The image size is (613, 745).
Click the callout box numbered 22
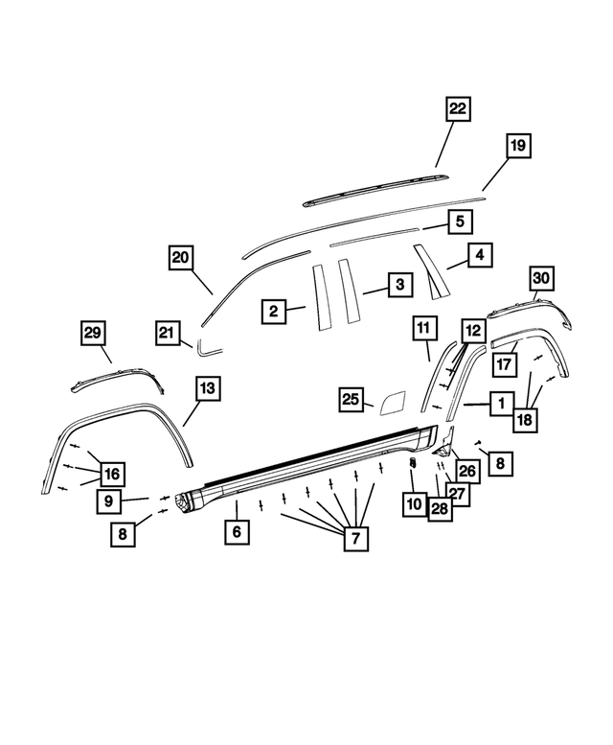pyautogui.click(x=458, y=110)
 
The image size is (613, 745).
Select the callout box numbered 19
pyautogui.click(x=517, y=146)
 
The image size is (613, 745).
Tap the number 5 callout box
pyautogui.click(x=459, y=221)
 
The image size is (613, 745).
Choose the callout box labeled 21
pyautogui.click(x=170, y=332)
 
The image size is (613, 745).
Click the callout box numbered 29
pyautogui.click(x=92, y=333)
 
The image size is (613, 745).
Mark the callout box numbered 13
pyautogui.click(x=207, y=388)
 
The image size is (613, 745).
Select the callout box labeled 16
pyautogui.click(x=112, y=474)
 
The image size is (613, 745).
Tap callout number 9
pyautogui.click(x=108, y=500)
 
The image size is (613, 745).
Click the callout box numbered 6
pyautogui.click(x=237, y=530)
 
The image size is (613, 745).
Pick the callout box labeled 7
pyautogui.click(x=354, y=539)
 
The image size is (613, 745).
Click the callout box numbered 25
pyautogui.click(x=352, y=400)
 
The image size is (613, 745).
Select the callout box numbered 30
pyautogui.click(x=542, y=278)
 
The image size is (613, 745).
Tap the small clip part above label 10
pyautogui.click(x=413, y=464)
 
